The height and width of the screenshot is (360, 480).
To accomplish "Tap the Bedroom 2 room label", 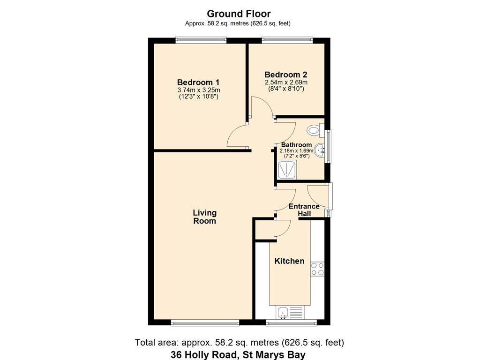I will [x=285, y=75].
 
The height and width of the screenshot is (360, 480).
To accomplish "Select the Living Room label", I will [x=204, y=217].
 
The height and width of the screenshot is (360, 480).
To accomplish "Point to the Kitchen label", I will [x=289, y=261].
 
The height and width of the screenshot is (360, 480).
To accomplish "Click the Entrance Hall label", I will [x=304, y=210].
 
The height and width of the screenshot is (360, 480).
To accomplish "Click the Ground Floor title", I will [x=239, y=14].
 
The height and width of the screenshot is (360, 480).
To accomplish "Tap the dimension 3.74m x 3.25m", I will [x=198, y=90].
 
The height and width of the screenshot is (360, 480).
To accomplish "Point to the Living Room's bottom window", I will [x=205, y=322].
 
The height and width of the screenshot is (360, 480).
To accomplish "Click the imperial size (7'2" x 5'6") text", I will [x=297, y=156].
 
